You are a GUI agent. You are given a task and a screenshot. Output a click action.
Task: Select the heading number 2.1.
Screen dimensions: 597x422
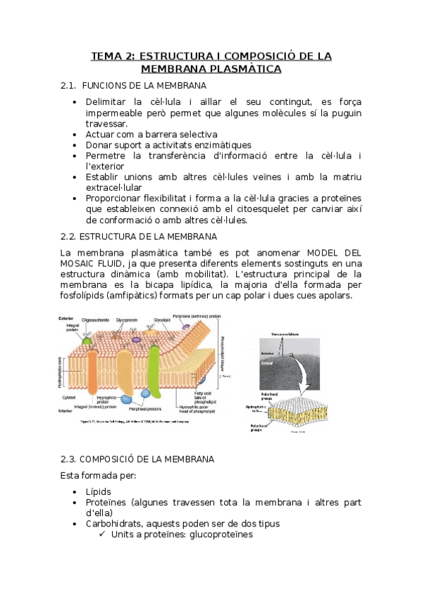coord(68,86)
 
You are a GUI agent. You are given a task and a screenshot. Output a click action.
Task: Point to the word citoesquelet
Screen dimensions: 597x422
coord(273,209)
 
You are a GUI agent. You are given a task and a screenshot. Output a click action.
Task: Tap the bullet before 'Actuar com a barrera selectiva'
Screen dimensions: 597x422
coord(76,134)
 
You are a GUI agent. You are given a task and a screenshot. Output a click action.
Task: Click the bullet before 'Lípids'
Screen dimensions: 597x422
coord(76,491)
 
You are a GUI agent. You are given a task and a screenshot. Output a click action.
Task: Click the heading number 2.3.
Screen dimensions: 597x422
coord(70,459)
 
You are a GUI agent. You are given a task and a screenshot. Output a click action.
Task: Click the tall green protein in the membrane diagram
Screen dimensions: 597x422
coord(154,372)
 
